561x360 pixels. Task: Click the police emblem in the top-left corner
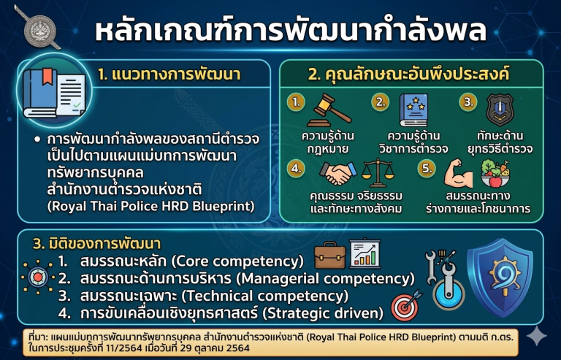click(39, 30)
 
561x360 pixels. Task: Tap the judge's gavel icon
click(329, 110)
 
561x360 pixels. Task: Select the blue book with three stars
click(413, 110)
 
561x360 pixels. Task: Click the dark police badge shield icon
click(500, 110)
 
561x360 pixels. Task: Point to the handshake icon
click(338, 173)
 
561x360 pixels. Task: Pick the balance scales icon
click(378, 173)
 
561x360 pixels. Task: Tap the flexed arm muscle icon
click(458, 174)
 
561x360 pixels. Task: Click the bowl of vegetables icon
click(495, 174)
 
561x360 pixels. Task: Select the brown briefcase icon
click(330, 256)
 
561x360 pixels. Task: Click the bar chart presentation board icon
click(365, 253)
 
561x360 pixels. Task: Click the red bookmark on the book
click(47, 77)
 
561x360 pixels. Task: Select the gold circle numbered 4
click(296, 168)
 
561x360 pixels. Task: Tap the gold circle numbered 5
click(427, 168)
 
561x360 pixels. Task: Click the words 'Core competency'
click(238, 261)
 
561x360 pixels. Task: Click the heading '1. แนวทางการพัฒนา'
click(169, 74)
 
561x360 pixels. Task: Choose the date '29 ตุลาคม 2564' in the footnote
click(215, 348)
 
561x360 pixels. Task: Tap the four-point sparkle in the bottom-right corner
click(537, 336)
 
